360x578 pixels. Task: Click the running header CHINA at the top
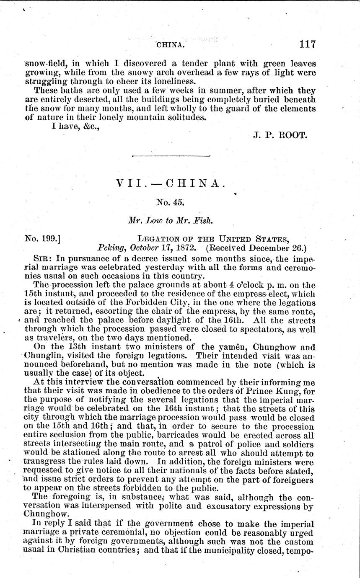(170, 44)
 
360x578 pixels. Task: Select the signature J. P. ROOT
(281, 135)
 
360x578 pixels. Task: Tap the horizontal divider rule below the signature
(171, 156)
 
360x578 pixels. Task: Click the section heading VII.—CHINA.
(171, 184)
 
